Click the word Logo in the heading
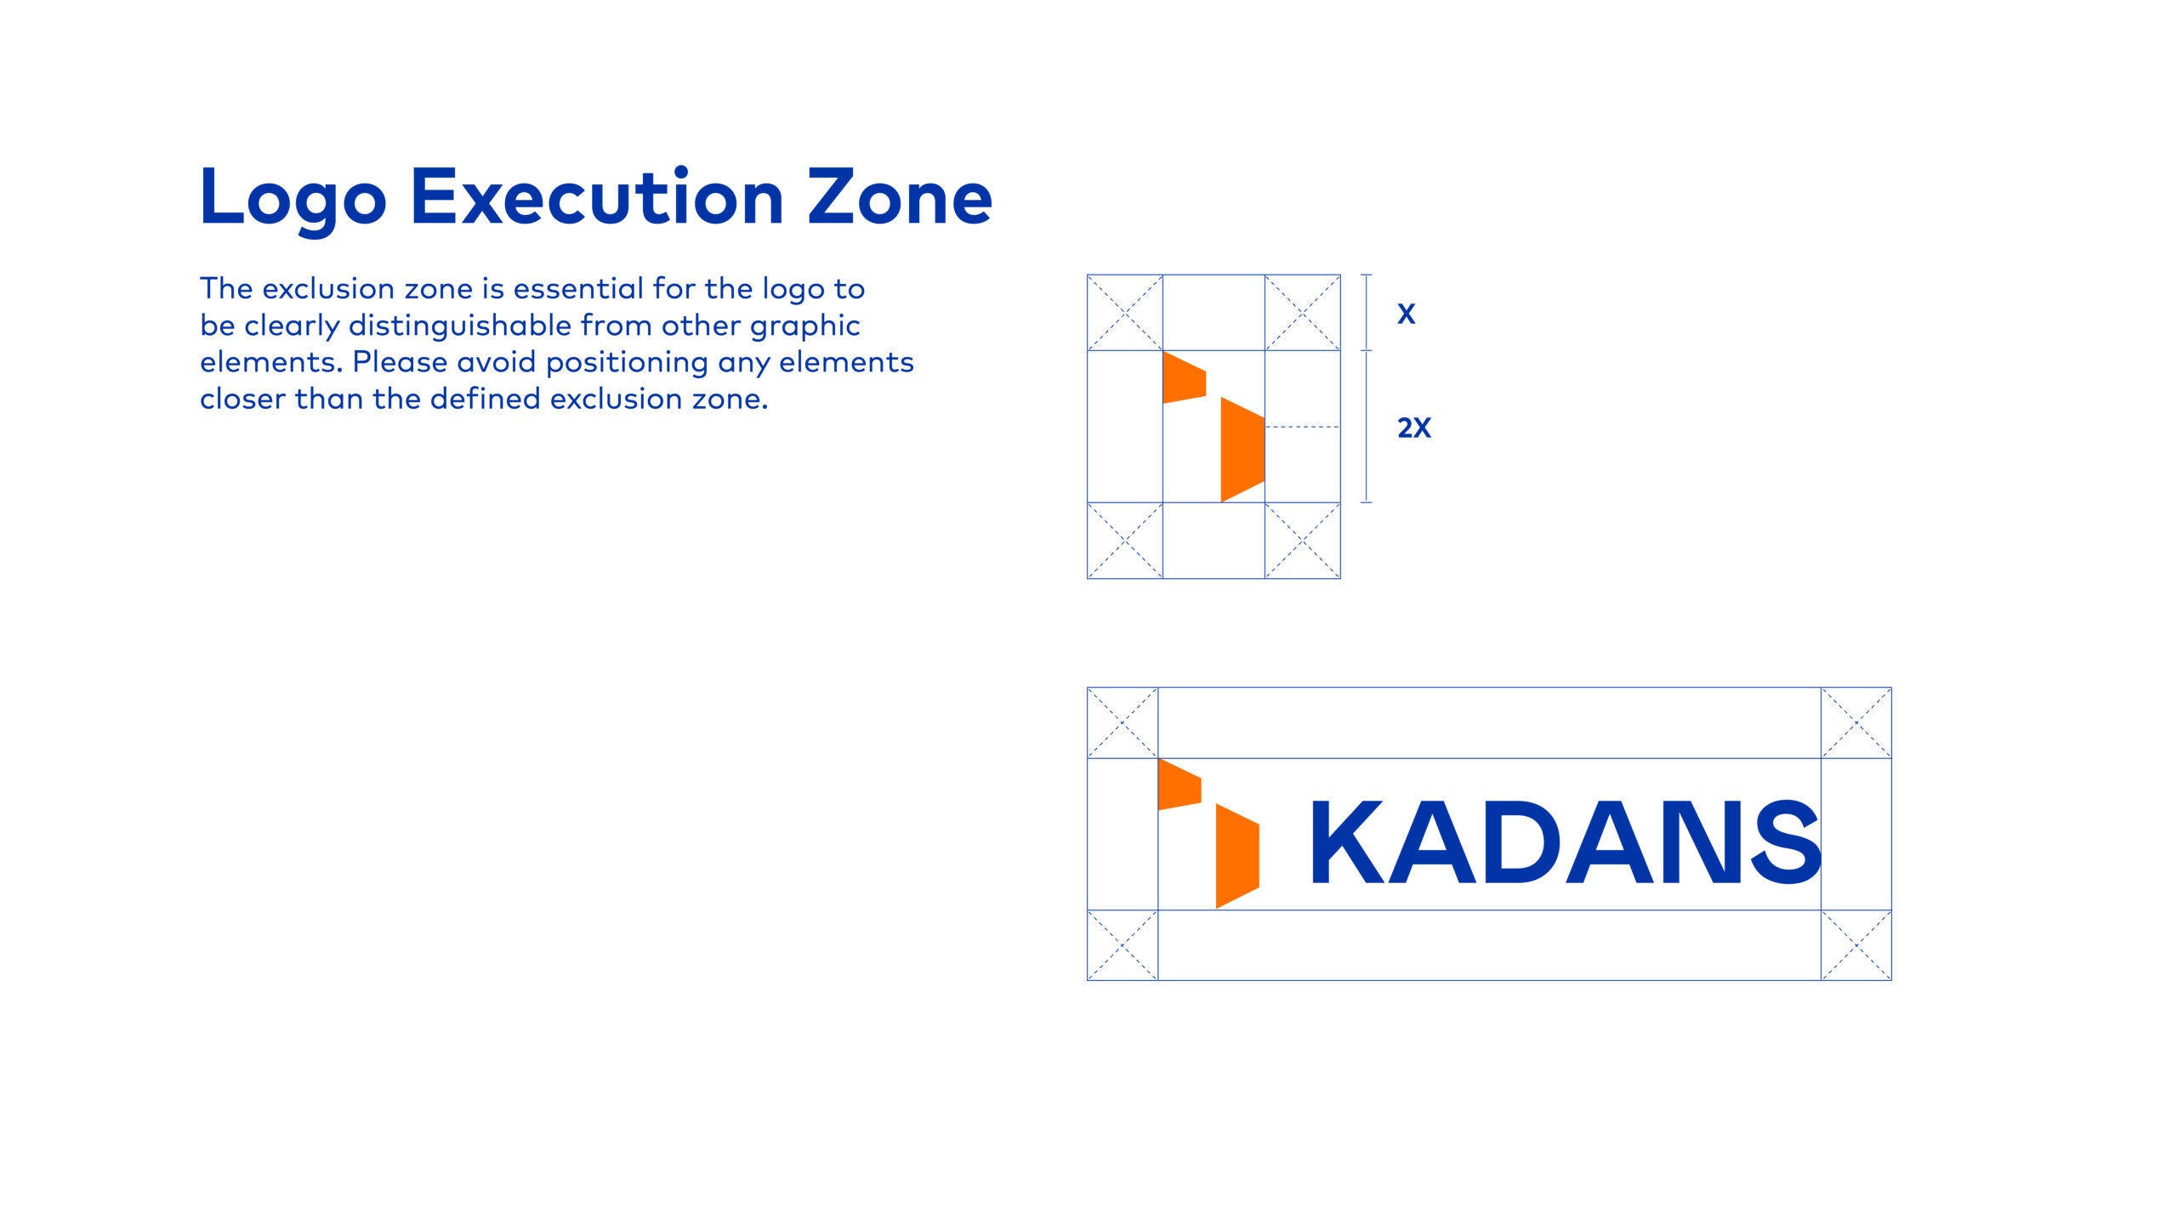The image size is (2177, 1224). coord(293,201)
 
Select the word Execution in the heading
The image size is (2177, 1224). coord(597,196)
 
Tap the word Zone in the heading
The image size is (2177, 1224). coord(900,196)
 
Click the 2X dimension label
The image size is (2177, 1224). coord(1414,428)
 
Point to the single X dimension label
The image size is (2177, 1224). coord(1407,314)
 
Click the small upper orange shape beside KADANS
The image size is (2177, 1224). coord(1179,785)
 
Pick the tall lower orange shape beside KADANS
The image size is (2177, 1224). coord(1237,856)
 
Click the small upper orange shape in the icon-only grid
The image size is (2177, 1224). coord(1185,377)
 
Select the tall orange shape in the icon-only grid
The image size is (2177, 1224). coord(1242,450)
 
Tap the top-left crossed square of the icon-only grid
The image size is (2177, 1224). coord(1125,313)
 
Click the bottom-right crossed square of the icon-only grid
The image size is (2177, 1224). coord(1303,541)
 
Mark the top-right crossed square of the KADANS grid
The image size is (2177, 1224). coord(1856,722)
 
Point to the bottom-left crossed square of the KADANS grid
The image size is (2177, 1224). coord(1123,945)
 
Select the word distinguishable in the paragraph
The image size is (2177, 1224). coord(460,326)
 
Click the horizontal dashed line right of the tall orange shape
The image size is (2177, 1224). coord(1303,427)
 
